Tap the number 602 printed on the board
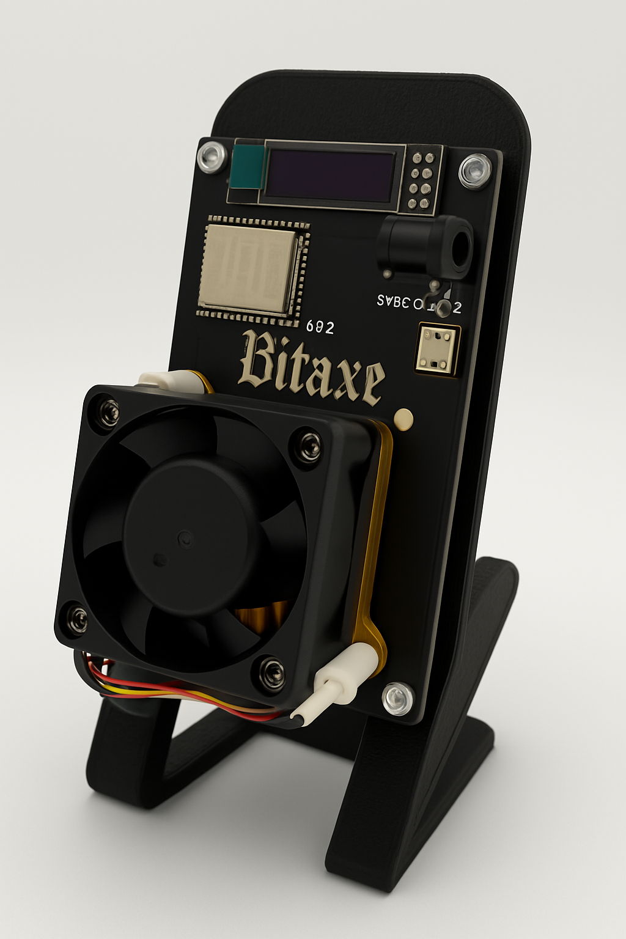[x=319, y=328]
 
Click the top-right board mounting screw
[x=475, y=169]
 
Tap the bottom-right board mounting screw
[x=398, y=697]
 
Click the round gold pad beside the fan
[x=404, y=418]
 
